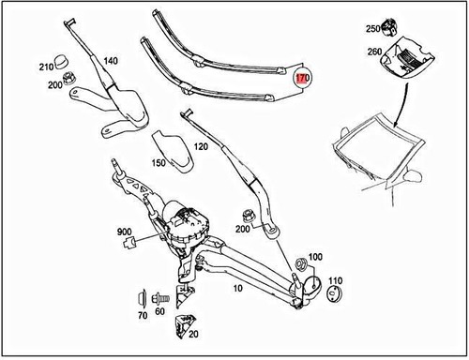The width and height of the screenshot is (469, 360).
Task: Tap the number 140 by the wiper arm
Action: pyautogui.click(x=110, y=61)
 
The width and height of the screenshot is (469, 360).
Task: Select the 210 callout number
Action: pyautogui.click(x=45, y=67)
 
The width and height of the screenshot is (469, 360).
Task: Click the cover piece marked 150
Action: pyautogui.click(x=172, y=149)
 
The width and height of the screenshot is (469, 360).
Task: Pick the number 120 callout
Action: pyautogui.click(x=202, y=147)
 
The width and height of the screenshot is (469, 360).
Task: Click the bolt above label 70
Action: pyautogui.click(x=143, y=297)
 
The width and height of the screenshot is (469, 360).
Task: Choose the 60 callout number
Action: pyautogui.click(x=159, y=310)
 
